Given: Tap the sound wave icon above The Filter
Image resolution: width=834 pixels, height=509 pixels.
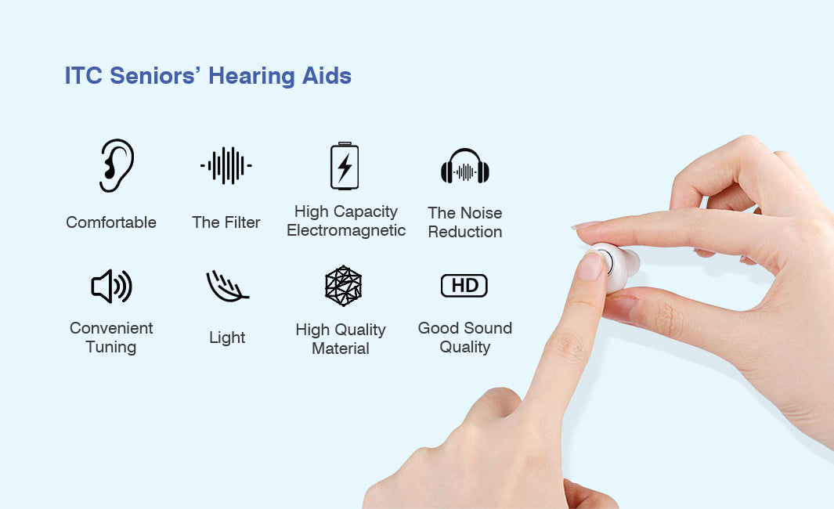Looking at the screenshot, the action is [x=226, y=165].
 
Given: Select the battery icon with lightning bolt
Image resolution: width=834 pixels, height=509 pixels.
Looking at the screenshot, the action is [x=345, y=166].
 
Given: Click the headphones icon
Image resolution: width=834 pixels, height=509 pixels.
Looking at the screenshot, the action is [x=465, y=166].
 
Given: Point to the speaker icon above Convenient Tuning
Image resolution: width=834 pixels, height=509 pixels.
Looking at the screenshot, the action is [x=111, y=286].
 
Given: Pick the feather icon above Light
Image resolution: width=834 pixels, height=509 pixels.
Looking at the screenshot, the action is [x=226, y=286].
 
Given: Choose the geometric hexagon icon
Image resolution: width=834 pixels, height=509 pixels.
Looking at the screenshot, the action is [x=344, y=286].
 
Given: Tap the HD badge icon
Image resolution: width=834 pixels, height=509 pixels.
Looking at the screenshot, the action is [x=464, y=286].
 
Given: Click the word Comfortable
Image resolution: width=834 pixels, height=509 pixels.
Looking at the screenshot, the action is [x=111, y=222].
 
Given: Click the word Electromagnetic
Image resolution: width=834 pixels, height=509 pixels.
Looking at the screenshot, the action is [x=346, y=230].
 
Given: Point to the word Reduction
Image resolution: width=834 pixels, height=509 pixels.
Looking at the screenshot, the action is [x=465, y=232].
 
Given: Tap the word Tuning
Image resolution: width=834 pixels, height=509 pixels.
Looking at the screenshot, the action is [x=111, y=348].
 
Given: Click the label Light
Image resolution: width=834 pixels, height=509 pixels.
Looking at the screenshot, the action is [x=227, y=338].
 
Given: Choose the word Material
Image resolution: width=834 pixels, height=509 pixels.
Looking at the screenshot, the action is [x=341, y=349].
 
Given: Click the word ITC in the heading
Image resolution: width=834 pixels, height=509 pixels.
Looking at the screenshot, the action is [x=84, y=75].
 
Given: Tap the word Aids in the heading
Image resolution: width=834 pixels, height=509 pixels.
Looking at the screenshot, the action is [x=327, y=75].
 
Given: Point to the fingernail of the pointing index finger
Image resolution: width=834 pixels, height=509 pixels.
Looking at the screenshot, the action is [x=590, y=266].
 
